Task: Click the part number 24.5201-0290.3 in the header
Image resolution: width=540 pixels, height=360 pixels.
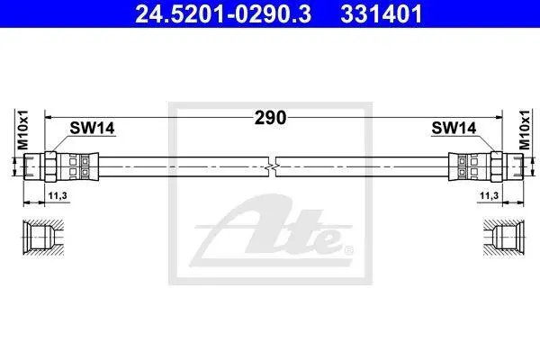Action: (x=223, y=14)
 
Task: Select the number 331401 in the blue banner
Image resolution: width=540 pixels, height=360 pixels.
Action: (x=382, y=14)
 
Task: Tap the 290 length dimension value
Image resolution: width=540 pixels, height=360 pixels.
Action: (x=270, y=118)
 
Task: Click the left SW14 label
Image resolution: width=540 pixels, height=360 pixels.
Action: (x=92, y=128)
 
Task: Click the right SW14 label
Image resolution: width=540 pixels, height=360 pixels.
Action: (x=454, y=128)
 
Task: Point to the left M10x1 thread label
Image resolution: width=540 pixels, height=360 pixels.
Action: (x=23, y=130)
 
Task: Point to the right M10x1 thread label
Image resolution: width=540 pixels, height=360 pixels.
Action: (x=525, y=130)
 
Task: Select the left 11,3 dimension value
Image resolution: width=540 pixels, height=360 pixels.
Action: (x=58, y=196)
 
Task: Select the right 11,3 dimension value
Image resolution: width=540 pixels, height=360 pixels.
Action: (x=489, y=196)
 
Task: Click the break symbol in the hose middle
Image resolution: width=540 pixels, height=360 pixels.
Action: (x=272, y=166)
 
